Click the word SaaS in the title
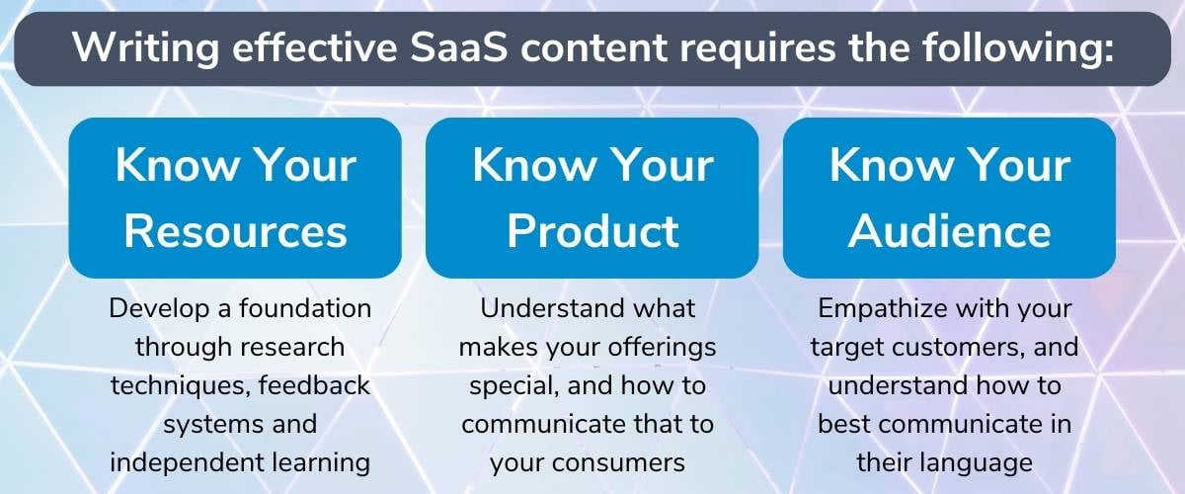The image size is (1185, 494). click(459, 47)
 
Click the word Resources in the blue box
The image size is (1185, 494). click(235, 231)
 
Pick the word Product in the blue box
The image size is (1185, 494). click(593, 231)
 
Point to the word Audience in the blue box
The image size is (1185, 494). click(950, 231)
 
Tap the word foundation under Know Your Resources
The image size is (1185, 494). click(305, 308)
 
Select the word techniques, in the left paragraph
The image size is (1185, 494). click(181, 386)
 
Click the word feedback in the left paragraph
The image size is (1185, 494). click(314, 385)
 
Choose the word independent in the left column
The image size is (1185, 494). click(188, 462)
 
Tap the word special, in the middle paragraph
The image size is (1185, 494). click(514, 386)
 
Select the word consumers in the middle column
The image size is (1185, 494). click(618, 463)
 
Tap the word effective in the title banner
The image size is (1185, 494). click(315, 47)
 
